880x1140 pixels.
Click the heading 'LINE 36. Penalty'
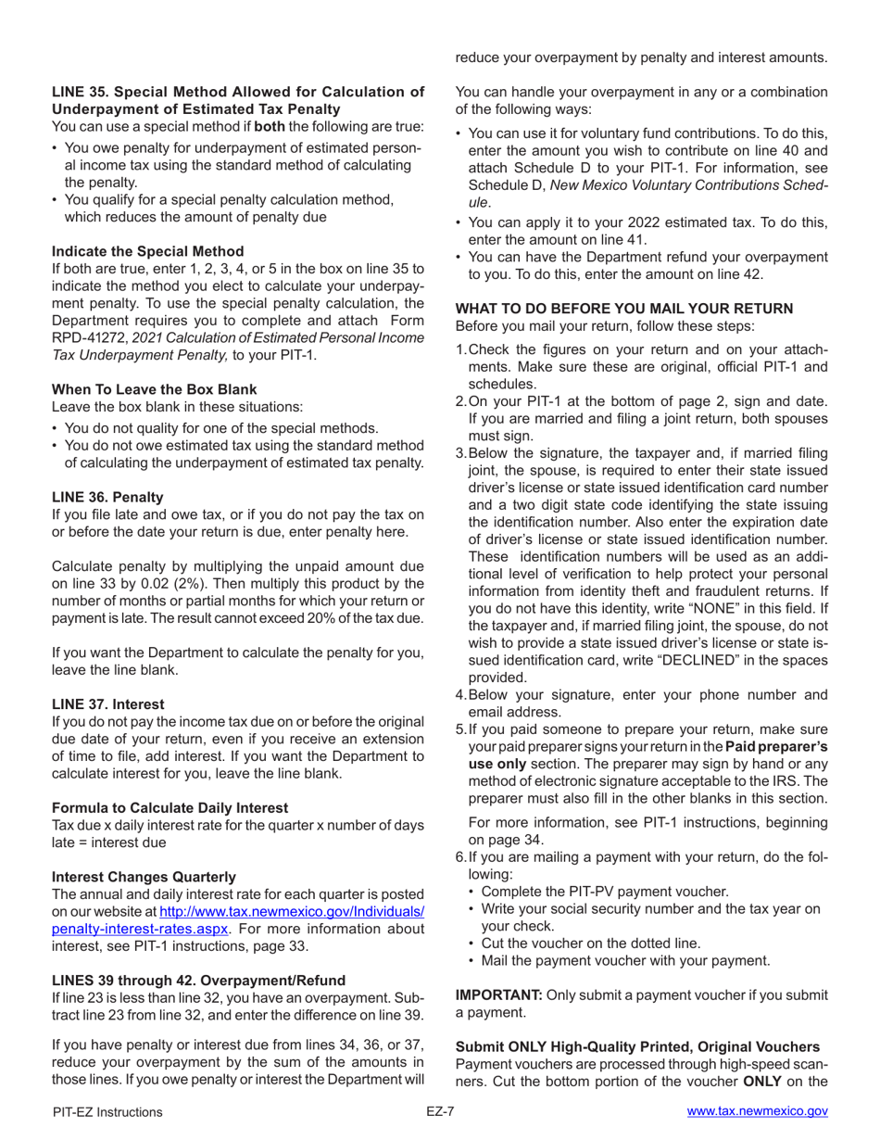pos(106,497)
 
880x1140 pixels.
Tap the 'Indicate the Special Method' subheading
pos(147,251)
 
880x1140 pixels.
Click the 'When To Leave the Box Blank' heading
pos(154,389)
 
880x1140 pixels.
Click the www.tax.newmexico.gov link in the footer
pos(757,1111)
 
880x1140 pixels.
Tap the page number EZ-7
pos(439,1111)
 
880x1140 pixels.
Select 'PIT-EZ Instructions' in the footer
pos(107,1111)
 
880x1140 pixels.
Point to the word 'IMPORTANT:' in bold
pos(498,969)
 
